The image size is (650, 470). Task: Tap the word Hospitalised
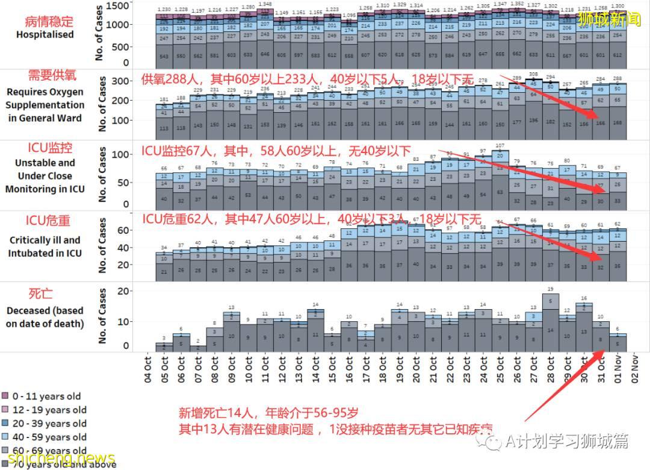point(45,35)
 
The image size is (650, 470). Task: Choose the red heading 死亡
point(41,293)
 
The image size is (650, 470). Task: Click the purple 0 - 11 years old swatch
point(5,396)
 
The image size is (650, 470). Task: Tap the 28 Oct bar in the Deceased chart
point(550,322)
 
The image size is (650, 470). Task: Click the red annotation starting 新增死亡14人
point(268,413)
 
